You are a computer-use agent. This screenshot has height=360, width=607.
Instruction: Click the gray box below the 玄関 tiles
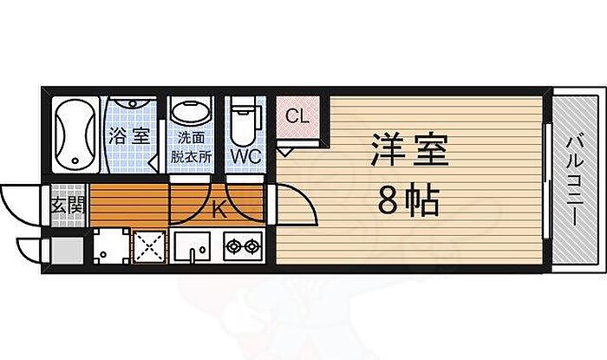(67, 252)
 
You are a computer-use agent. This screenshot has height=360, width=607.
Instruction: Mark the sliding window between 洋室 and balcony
(547, 181)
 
